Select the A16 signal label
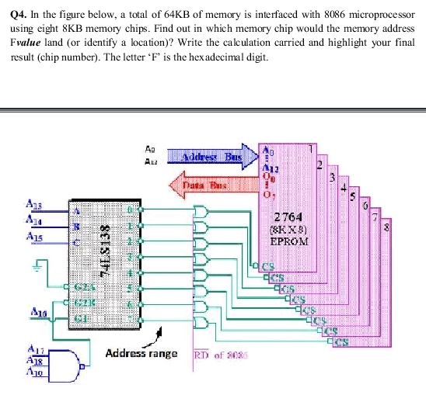(36, 310)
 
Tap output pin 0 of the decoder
(131, 210)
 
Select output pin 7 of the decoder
(131, 318)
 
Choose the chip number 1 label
(312, 147)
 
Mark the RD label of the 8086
(201, 355)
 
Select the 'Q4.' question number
(21, 13)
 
